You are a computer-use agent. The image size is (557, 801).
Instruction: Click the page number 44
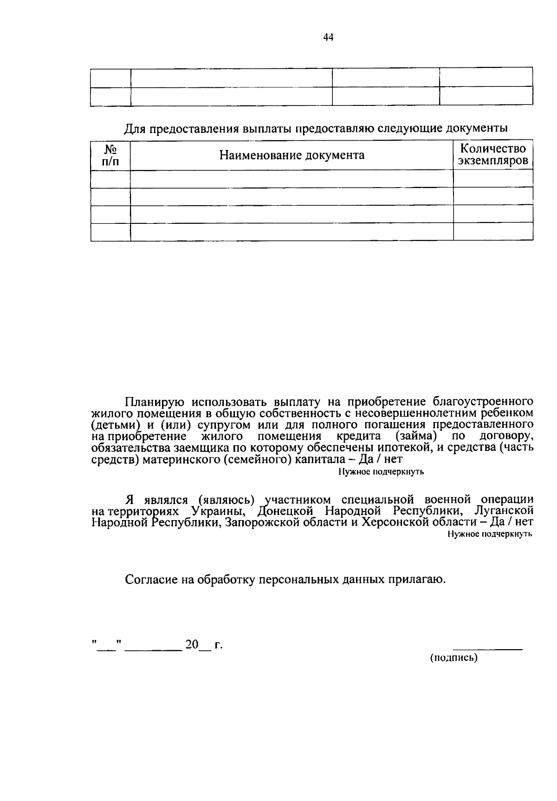(x=328, y=38)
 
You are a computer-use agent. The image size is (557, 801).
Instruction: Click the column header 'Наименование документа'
(x=291, y=155)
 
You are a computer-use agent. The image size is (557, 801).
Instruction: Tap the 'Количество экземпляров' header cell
(x=493, y=155)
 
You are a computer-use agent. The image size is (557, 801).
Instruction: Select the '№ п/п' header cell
(x=110, y=155)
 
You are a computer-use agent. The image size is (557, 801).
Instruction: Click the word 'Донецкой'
(x=285, y=511)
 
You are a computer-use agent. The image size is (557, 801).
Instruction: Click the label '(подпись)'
(x=453, y=658)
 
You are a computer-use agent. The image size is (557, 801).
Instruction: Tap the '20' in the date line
(x=191, y=645)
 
